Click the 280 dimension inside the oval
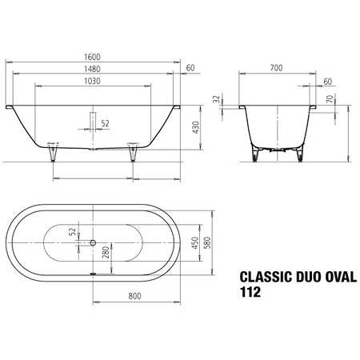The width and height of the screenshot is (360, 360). [106, 254]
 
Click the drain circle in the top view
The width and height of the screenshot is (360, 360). [93, 242]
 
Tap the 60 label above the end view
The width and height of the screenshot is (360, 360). [328, 81]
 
